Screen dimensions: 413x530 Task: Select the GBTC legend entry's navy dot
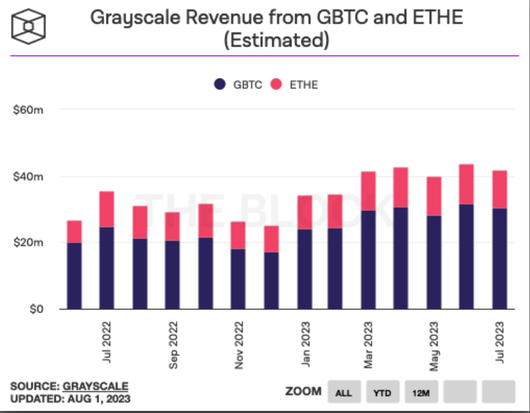tap(220, 84)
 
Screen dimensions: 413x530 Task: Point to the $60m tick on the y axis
tap(29, 110)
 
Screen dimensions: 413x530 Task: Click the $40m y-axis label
tap(29, 177)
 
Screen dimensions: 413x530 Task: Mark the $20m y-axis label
tap(29, 243)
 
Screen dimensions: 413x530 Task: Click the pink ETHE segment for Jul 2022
tap(106, 209)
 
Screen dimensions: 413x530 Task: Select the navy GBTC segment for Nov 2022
tap(239, 279)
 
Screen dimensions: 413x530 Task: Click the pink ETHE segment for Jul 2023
tap(499, 189)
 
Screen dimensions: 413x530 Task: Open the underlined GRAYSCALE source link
tap(96, 386)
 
